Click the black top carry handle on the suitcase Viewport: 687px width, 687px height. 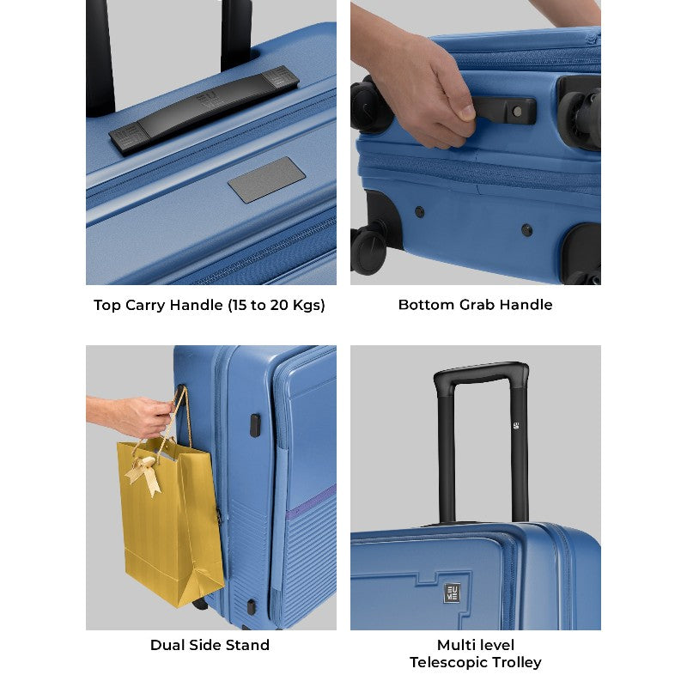pyautogui.click(x=204, y=110)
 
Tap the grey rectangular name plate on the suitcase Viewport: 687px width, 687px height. pyautogui.click(x=267, y=180)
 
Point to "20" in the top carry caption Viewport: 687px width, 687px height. pyautogui.click(x=278, y=305)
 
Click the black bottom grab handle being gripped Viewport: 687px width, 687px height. pyautogui.click(x=504, y=110)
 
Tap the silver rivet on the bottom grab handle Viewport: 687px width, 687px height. pyautogui.click(x=518, y=112)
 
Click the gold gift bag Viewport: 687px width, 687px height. pyautogui.click(x=171, y=521)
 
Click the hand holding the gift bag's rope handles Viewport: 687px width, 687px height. pyautogui.click(x=131, y=416)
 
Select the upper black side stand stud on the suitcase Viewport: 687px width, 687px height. pyautogui.click(x=255, y=425)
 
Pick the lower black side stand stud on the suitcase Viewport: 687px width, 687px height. pyautogui.click(x=251, y=607)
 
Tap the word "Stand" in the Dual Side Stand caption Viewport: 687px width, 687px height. pyautogui.click(x=247, y=645)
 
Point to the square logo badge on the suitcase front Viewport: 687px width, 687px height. pyautogui.click(x=453, y=593)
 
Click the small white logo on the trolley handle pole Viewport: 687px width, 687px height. pyautogui.click(x=516, y=424)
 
